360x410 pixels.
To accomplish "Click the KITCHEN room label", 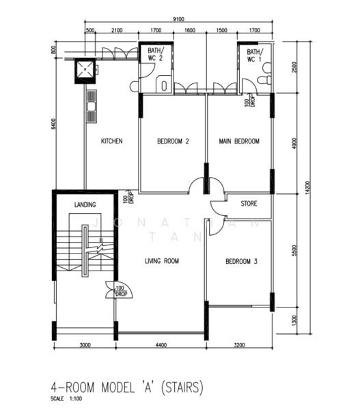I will [111, 141].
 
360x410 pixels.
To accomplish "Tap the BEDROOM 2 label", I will [173, 141].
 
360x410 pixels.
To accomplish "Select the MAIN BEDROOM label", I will [239, 141].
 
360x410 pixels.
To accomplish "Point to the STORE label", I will [249, 204].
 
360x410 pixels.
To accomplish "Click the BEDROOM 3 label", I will [242, 260].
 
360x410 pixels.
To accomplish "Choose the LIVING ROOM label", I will [162, 260].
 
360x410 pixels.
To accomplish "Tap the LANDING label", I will [85, 204].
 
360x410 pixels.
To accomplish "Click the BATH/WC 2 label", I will [156, 55].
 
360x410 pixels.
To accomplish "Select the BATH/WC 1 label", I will [254, 55].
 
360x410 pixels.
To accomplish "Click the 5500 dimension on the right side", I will [294, 251].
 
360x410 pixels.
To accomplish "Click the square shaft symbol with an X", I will [85, 69].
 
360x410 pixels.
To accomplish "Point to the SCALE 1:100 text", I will [69, 400].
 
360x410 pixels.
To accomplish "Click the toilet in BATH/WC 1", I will [264, 82].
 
